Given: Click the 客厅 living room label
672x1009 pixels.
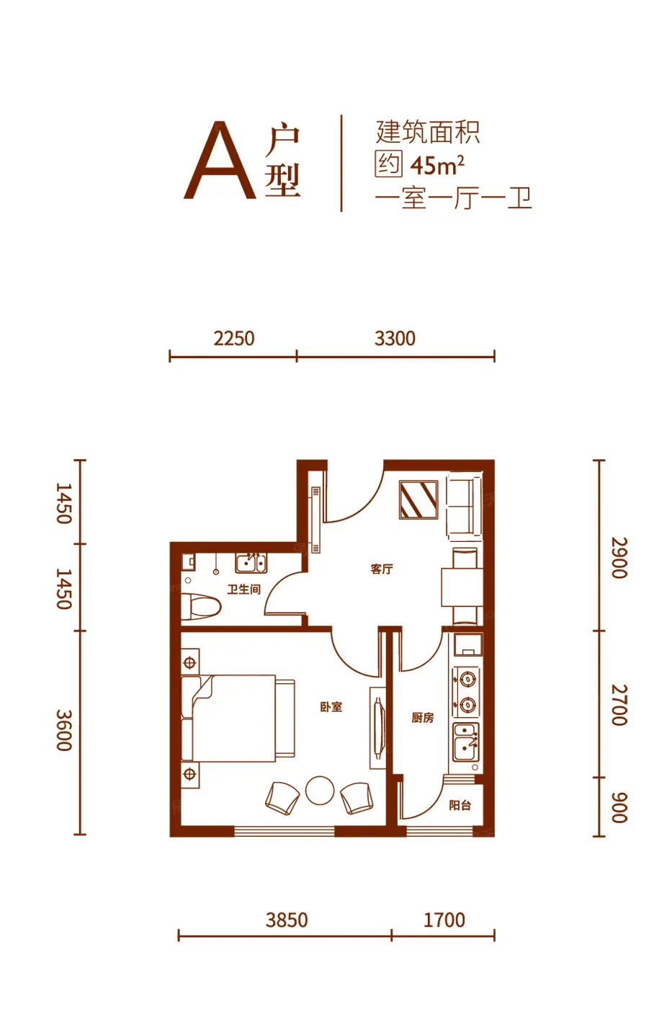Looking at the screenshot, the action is (x=382, y=569).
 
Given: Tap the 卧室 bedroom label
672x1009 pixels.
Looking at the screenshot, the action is (x=331, y=707).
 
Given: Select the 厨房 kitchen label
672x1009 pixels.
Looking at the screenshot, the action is (x=423, y=718).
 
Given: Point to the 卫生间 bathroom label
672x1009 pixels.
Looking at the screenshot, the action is (x=243, y=590).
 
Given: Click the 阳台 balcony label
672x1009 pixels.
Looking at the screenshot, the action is (x=460, y=805).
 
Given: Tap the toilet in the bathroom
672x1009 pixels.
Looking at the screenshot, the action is (x=201, y=607).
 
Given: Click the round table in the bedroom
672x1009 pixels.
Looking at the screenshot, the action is (x=320, y=791).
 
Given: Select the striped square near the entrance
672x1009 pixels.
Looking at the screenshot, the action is (x=418, y=500).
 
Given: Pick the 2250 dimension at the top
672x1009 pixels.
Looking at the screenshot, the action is (x=234, y=339).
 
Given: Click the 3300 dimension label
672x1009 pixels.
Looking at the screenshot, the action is (x=395, y=339).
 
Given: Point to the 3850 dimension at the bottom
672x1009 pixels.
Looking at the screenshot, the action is (x=287, y=920).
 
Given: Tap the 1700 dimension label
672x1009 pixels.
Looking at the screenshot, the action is (x=444, y=920).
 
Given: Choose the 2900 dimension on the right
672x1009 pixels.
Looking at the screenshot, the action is (x=619, y=558).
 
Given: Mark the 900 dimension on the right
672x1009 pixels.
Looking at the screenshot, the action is (x=619, y=807).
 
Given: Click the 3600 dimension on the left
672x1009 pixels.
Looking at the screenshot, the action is (x=64, y=730).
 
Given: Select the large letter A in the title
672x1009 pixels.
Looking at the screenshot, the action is (x=220, y=160).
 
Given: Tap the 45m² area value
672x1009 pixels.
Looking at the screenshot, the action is (x=437, y=165).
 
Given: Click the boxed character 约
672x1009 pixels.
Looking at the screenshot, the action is (x=388, y=164).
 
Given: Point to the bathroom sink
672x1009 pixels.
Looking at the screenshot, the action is (x=251, y=563).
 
